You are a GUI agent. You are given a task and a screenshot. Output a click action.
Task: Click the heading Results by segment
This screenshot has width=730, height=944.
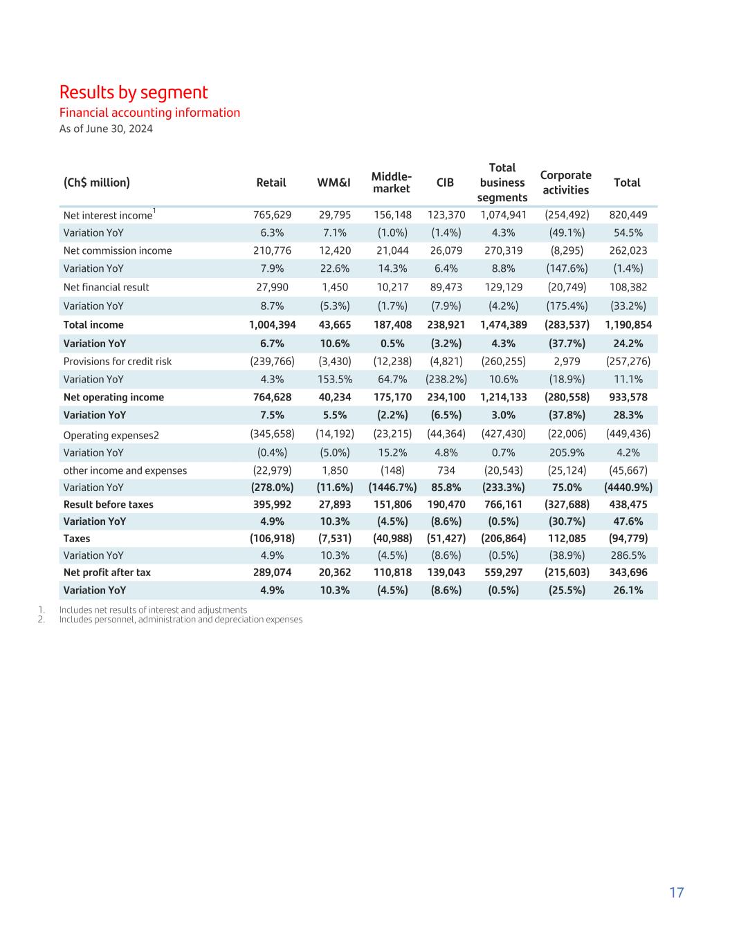click(x=134, y=92)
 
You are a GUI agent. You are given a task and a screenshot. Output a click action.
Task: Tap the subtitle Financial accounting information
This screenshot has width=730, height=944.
click(x=149, y=113)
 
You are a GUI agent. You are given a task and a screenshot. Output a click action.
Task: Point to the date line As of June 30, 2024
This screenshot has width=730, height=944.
click(x=106, y=129)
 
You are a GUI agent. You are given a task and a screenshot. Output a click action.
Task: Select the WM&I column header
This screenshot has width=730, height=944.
click(x=334, y=183)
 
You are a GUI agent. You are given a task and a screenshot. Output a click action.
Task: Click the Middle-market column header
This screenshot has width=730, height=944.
click(x=391, y=183)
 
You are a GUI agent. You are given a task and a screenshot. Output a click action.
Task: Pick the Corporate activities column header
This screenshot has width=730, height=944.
click(x=565, y=183)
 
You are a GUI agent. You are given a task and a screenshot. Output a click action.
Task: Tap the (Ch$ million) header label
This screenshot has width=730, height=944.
click(x=97, y=183)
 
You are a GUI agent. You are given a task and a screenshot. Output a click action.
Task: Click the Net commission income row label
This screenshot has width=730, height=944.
click(x=118, y=250)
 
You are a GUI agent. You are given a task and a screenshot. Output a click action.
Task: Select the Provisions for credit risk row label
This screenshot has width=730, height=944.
click(x=118, y=361)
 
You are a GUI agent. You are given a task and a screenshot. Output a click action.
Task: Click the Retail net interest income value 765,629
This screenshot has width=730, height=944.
click(x=272, y=214)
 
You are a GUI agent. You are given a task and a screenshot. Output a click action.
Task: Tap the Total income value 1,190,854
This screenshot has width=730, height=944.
click(x=628, y=324)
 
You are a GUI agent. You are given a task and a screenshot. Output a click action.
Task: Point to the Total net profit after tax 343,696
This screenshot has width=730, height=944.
click(x=628, y=572)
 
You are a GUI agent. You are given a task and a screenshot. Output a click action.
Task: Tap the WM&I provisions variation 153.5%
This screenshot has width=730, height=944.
click(x=335, y=379)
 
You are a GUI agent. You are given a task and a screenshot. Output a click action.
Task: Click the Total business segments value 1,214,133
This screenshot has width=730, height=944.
click(x=503, y=397)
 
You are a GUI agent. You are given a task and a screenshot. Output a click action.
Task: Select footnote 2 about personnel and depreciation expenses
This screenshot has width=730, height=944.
click(x=181, y=620)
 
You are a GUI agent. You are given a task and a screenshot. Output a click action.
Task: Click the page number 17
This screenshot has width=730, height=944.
click(x=676, y=892)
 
